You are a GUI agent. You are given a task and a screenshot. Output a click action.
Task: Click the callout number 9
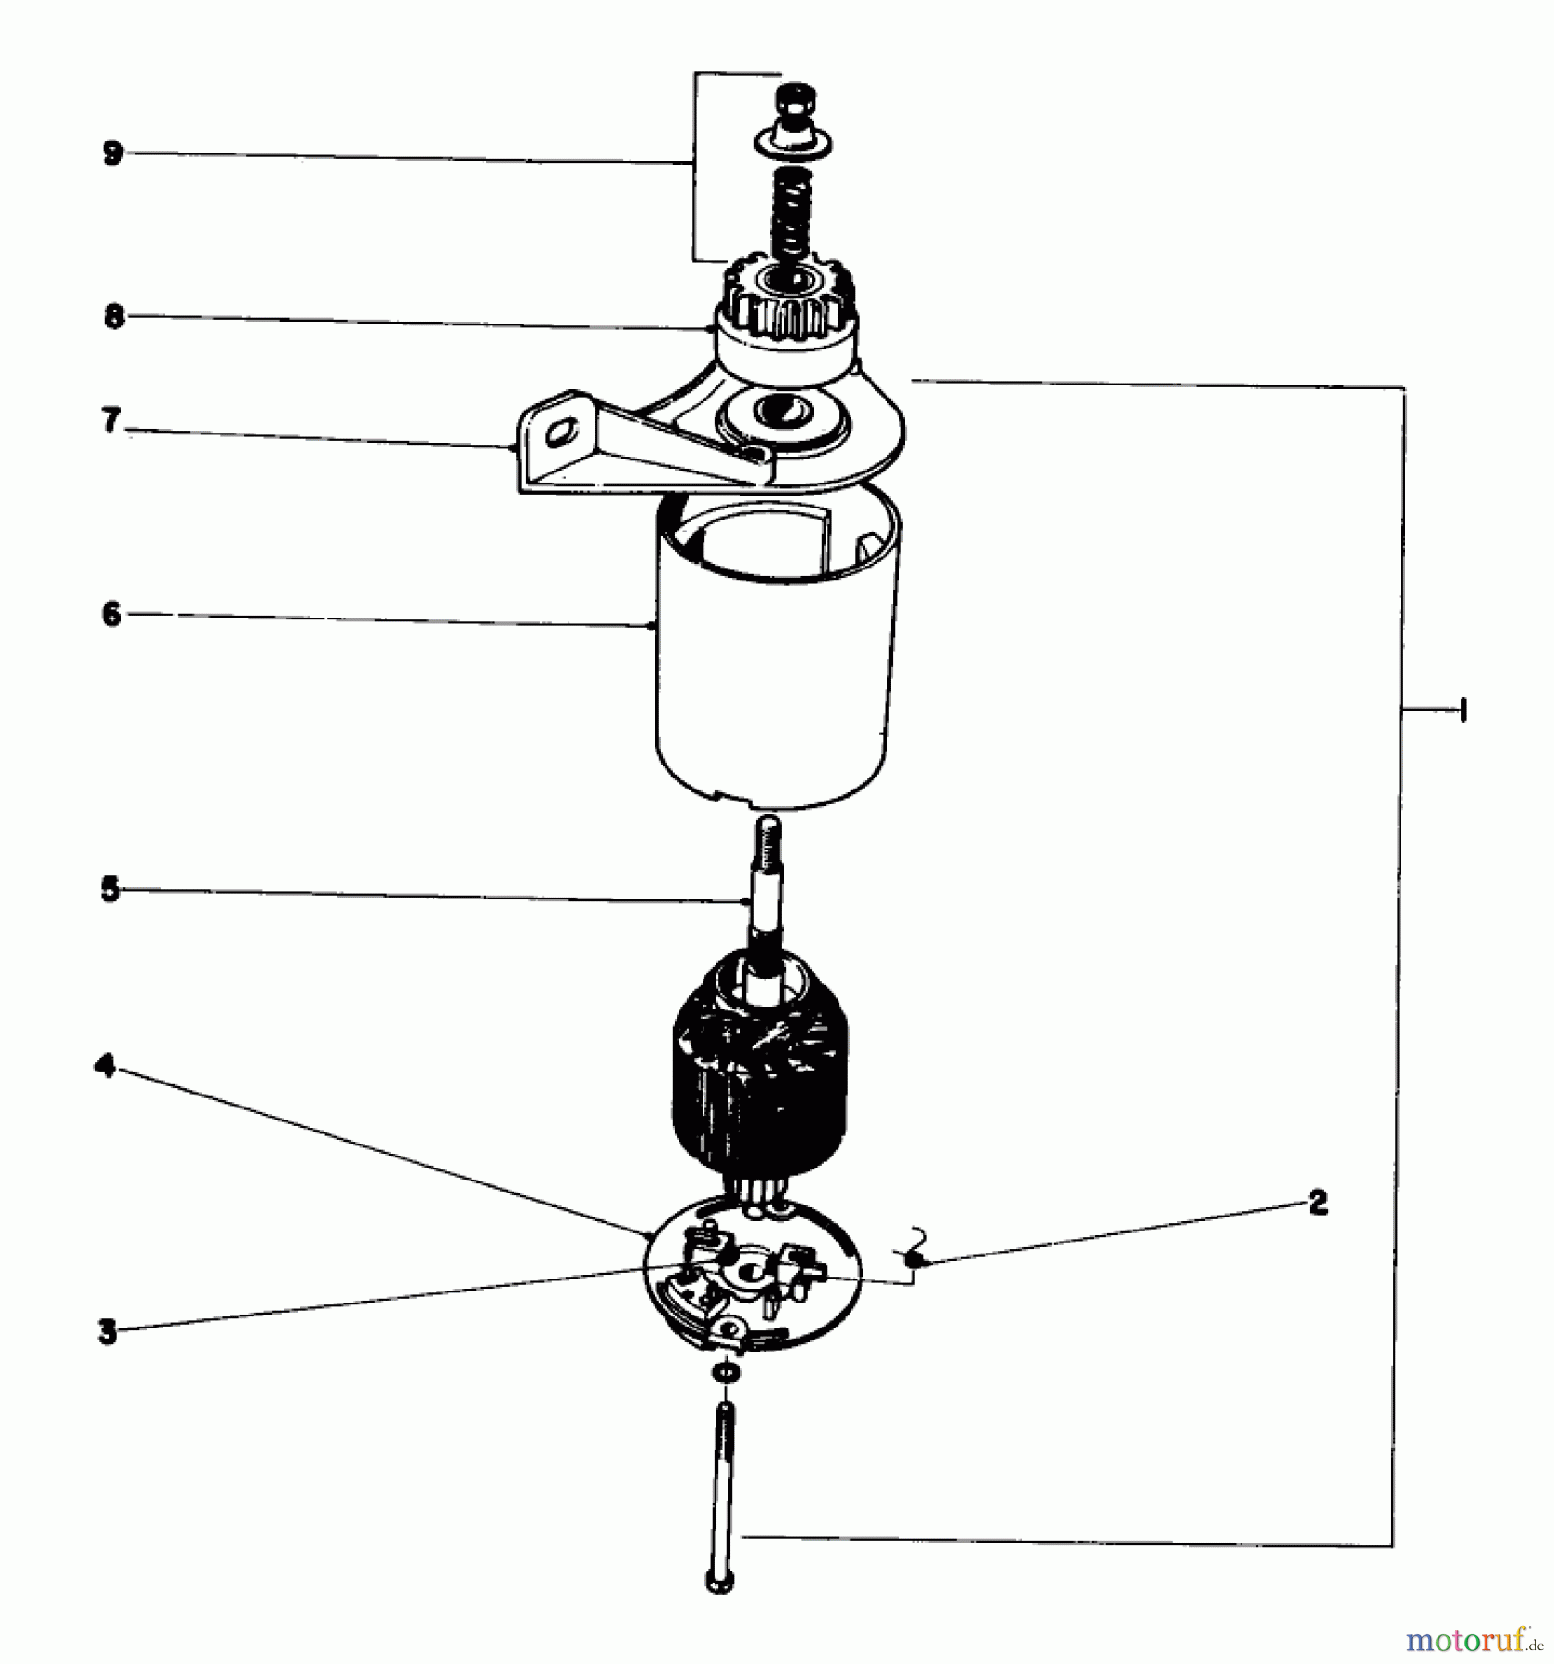pos(113,153)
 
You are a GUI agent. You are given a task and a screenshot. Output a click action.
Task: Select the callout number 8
pos(114,317)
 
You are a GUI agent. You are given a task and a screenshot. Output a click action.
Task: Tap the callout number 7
pos(111,422)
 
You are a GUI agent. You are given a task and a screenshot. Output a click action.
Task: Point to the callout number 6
pos(112,614)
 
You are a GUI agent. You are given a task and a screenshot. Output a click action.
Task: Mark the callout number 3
pos(108,1332)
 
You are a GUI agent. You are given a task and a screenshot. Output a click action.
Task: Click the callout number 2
pos(1317,1203)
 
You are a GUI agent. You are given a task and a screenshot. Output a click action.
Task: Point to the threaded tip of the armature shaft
pos(768,837)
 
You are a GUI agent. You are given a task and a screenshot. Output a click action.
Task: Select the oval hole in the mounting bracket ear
pos(561,433)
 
